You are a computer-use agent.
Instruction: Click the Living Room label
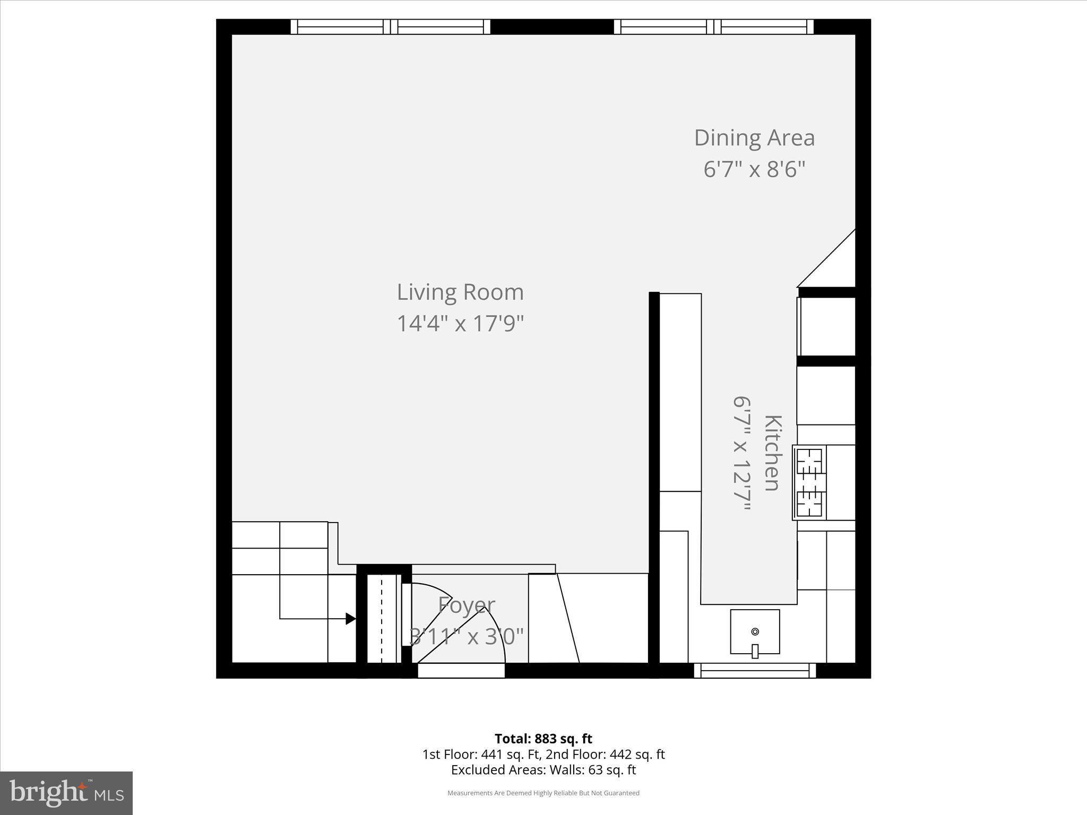click(x=460, y=292)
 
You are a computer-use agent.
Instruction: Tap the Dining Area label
click(x=754, y=138)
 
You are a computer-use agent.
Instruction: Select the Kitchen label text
click(x=773, y=453)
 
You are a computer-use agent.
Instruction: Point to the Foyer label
click(x=467, y=605)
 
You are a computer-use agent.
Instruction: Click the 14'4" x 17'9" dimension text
click(x=460, y=323)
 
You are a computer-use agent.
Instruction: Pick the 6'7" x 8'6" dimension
click(x=754, y=170)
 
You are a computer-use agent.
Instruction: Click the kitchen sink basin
click(x=755, y=631)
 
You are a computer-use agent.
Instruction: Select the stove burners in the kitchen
click(x=809, y=482)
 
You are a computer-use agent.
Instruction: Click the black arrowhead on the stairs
click(x=351, y=618)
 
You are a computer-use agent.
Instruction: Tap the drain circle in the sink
click(x=755, y=631)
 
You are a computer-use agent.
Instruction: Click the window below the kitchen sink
click(x=755, y=671)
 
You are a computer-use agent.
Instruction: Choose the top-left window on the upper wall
click(x=390, y=27)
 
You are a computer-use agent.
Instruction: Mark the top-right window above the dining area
click(x=714, y=27)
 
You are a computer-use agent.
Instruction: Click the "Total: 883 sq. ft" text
click(x=543, y=739)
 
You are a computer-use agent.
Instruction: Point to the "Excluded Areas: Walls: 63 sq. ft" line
click(x=543, y=770)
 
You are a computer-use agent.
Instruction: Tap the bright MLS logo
click(x=66, y=793)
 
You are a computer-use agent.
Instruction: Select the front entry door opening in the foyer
click(x=461, y=671)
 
